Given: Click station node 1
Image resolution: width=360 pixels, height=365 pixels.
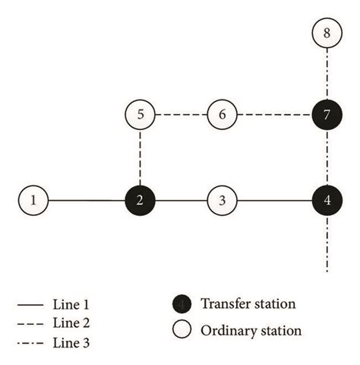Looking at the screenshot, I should pos(33,201).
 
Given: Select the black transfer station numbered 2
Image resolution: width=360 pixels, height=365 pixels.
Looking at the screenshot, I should pos(141,201).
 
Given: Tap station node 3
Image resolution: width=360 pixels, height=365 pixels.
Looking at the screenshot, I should pos(222,201).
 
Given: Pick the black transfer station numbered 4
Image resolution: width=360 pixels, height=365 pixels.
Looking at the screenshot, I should pos(327,201).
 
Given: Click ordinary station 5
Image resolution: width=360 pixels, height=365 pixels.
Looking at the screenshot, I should pos(141,116).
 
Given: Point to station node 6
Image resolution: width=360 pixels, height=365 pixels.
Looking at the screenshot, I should pos(222,116).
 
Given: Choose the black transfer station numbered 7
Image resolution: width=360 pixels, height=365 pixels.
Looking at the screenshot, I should pos(327,116).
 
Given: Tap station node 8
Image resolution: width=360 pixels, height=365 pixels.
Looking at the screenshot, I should pos(327,33).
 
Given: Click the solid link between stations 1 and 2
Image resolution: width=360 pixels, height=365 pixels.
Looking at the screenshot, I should pos(87,201).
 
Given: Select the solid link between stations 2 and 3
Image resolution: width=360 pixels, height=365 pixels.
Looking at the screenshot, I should pos(182,201).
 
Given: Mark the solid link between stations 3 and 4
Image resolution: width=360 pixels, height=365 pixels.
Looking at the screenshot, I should pos(274,201).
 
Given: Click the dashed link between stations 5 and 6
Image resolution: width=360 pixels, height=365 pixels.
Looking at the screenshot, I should pos(182,116).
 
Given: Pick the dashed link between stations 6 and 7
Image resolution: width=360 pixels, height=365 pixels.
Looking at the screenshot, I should pos(274,116).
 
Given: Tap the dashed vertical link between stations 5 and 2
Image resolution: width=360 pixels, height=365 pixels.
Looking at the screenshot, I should pos(141,158).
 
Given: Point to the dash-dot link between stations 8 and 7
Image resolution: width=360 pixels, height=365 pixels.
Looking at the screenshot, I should pos(327,75).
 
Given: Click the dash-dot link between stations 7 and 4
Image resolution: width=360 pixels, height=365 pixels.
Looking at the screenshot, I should pos(327,158).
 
